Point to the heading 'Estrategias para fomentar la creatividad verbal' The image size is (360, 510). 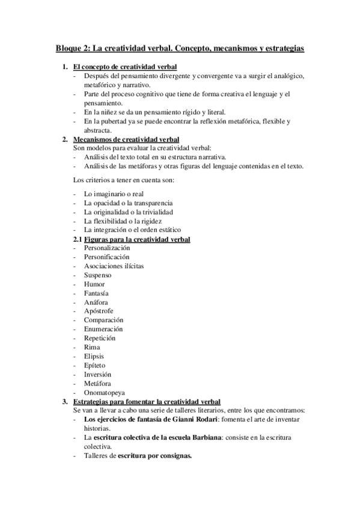pos(146,401)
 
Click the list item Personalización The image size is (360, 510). pos(107,248)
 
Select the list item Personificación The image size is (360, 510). pos(106,257)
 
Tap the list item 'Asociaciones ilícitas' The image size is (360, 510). pos(114,266)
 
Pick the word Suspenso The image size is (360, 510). pos(99,275)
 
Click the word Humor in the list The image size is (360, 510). pos(94,284)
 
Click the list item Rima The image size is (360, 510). pos(92,347)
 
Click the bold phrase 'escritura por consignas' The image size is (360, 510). pos(154,455)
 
